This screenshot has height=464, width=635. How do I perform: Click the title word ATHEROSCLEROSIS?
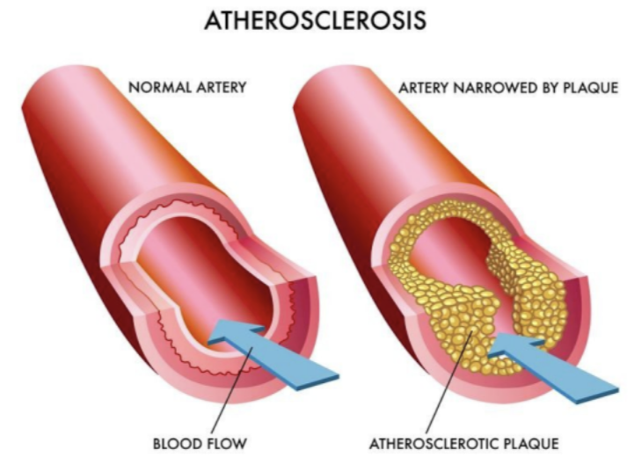point(316,20)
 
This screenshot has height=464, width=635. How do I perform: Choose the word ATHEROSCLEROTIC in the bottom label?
point(434,444)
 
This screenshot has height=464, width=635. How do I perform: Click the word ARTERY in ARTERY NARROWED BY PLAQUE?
point(424,88)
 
